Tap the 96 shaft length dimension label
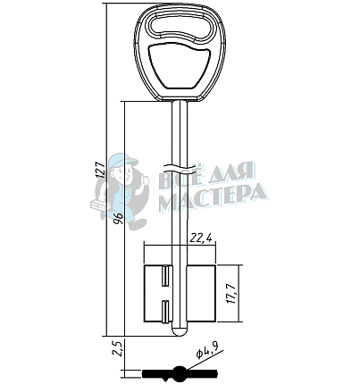119,219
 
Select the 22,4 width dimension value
201,238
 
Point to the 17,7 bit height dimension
232,294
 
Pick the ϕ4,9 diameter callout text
207,350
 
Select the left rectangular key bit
158,294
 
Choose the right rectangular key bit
201,294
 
